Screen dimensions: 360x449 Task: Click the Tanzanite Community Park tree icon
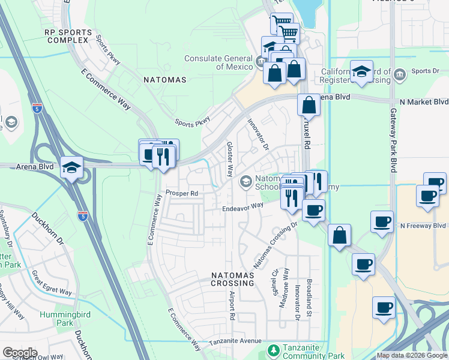[273, 349]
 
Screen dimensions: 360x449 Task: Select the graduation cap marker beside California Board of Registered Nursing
[362, 71]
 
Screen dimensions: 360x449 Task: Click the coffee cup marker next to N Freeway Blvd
[381, 222]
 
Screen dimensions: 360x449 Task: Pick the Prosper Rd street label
[181, 194]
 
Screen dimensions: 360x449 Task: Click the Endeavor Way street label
[243, 206]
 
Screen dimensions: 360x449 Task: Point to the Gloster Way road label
[229, 159]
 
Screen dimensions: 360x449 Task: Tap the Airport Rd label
[231, 305]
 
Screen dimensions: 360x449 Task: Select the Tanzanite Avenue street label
[237, 343]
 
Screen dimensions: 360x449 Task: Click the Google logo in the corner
[20, 353]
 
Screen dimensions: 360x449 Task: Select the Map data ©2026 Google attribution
[411, 355]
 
